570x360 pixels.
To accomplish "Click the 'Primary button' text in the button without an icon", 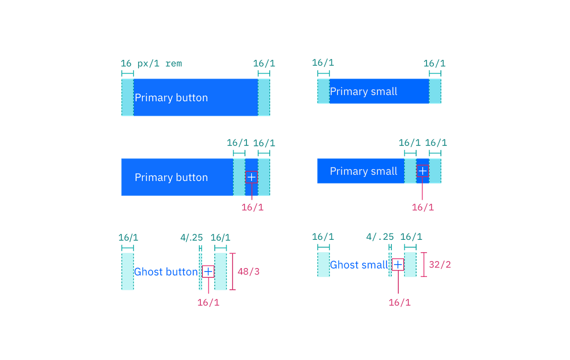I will (x=171, y=98).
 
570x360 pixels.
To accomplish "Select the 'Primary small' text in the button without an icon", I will (x=363, y=91).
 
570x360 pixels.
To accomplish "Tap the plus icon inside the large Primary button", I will (x=251, y=177).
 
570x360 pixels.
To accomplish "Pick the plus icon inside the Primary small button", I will (x=423, y=171).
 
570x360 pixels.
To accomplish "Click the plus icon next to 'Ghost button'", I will (x=208, y=271).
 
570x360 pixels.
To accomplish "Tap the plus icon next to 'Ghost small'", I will (x=398, y=264).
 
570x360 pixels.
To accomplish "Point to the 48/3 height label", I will (x=249, y=272).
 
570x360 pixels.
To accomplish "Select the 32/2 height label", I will (x=440, y=265).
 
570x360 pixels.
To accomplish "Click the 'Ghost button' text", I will (x=166, y=271).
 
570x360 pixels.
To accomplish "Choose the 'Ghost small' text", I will (x=359, y=265).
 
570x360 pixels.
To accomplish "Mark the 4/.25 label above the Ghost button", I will (x=191, y=238).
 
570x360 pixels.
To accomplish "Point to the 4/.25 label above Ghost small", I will (x=380, y=237).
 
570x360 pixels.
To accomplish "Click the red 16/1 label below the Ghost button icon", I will (x=208, y=303).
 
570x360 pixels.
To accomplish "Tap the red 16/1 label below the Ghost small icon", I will (x=400, y=302).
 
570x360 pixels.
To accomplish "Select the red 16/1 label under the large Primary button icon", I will (x=253, y=207).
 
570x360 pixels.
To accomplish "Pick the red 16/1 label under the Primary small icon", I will (x=423, y=207).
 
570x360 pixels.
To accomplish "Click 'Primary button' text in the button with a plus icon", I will (x=171, y=178).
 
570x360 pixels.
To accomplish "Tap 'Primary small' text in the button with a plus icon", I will (x=363, y=172).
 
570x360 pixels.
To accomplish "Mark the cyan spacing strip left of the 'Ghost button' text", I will (x=128, y=271).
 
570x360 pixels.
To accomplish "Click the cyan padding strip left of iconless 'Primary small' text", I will (x=324, y=91).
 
